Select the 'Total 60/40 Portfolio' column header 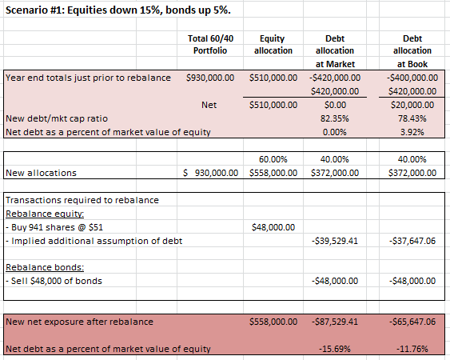click(210, 45)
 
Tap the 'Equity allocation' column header click(273, 45)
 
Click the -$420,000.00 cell click(335, 78)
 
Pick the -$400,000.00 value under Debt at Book click(412, 78)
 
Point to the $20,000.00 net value click(412, 105)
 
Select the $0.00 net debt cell click(335, 105)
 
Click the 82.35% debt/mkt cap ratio click(335, 118)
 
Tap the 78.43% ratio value click(412, 118)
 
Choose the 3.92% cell click(412, 132)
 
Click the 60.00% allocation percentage click(273, 159)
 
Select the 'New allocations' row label click(41, 173)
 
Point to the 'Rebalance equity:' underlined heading click(45, 214)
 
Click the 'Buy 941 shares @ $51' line click(54, 227)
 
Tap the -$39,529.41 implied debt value click(335, 241)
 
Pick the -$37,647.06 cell click(412, 241)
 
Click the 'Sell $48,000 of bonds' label click(54, 281)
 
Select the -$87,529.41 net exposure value click(335, 322)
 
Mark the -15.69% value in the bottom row click(335, 349)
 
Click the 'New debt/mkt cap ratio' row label click(57, 118)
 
